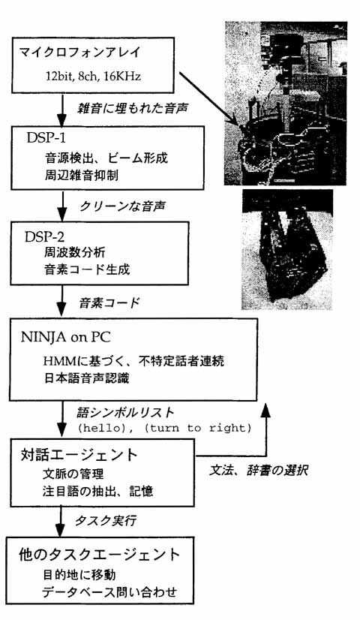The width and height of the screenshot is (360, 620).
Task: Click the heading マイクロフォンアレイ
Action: click(x=79, y=53)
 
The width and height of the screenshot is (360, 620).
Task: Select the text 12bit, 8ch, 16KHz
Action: click(x=92, y=76)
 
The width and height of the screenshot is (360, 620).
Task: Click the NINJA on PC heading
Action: click(x=65, y=337)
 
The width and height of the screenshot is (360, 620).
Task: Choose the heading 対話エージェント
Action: click(x=79, y=455)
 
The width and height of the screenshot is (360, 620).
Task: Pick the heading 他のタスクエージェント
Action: click(x=99, y=555)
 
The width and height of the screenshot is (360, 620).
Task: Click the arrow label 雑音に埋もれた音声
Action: click(x=131, y=107)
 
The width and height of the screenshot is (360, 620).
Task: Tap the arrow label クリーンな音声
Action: click(x=122, y=206)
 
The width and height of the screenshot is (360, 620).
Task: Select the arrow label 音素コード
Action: click(x=109, y=303)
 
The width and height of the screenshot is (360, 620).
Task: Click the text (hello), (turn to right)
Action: click(x=163, y=429)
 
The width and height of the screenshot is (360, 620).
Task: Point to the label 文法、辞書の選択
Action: click(x=259, y=470)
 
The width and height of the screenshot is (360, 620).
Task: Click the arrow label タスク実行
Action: click(x=106, y=521)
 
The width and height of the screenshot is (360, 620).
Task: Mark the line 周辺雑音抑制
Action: click(x=81, y=175)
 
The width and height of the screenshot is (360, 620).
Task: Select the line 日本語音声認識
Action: click(x=86, y=378)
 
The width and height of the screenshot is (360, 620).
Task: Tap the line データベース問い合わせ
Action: click(x=109, y=592)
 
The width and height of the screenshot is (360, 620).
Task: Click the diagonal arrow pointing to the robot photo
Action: click(x=208, y=100)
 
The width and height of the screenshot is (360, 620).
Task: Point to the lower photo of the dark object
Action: click(x=287, y=249)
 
